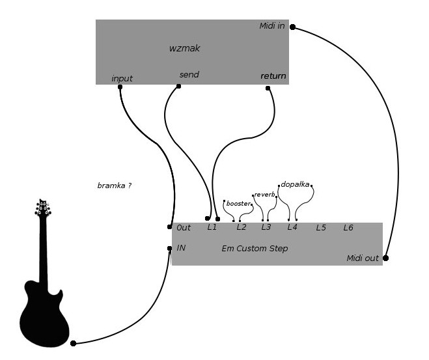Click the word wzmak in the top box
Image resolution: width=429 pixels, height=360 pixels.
click(185, 48)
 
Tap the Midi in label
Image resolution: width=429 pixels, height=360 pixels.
click(272, 26)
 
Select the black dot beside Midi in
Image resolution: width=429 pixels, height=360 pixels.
click(292, 27)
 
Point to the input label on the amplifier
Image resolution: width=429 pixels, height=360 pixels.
click(122, 79)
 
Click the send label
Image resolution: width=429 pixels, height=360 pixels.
click(189, 75)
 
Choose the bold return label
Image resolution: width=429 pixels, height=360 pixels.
click(273, 76)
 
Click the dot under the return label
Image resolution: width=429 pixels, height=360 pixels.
click(268, 88)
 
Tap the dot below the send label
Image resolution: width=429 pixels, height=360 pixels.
click(178, 86)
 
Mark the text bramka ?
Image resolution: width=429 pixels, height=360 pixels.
click(115, 186)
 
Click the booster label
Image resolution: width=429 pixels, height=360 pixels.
click(238, 204)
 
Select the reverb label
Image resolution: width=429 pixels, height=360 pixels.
click(264, 195)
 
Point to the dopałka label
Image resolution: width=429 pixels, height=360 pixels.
click(295, 184)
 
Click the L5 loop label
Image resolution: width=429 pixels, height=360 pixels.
click(321, 228)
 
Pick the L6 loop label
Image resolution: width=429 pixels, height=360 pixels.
click(348, 228)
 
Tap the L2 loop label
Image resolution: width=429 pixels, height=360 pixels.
click(242, 227)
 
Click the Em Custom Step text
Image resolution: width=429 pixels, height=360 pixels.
click(255, 249)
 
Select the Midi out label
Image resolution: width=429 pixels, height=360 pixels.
click(363, 258)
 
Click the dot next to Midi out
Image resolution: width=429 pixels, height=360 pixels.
click(385, 258)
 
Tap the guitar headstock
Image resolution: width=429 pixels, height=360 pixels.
click(43, 208)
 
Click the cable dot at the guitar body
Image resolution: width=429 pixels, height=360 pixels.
click(73, 343)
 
